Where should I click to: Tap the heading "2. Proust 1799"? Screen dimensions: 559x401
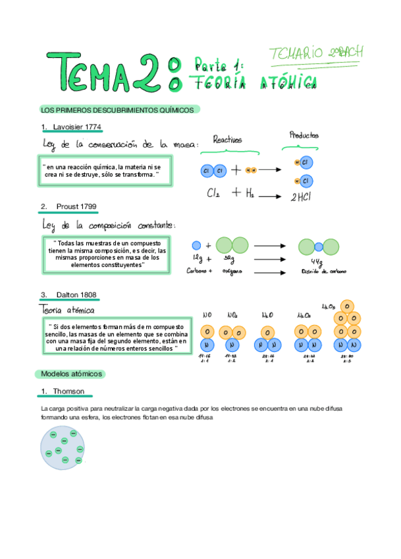pyautogui.click(x=68, y=207)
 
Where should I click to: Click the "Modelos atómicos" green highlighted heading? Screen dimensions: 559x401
pyautogui.click(x=71, y=373)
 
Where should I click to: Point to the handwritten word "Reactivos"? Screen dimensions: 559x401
pyautogui.click(x=227, y=139)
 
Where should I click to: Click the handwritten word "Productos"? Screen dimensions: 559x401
pyautogui.click(x=304, y=135)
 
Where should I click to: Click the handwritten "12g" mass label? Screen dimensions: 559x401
pyautogui.click(x=197, y=258)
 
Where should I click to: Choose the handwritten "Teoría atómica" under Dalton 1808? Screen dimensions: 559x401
pyautogui.click(x=68, y=309)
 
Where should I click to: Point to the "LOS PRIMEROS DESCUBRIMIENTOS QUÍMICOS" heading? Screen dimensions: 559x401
pyautogui.click(x=117, y=110)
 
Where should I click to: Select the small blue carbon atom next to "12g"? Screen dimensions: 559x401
pyautogui.click(x=196, y=245)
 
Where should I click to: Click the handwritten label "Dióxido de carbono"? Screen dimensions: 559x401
pyautogui.click(x=323, y=271)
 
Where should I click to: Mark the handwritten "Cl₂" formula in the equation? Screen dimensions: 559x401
pyautogui.click(x=213, y=194)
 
